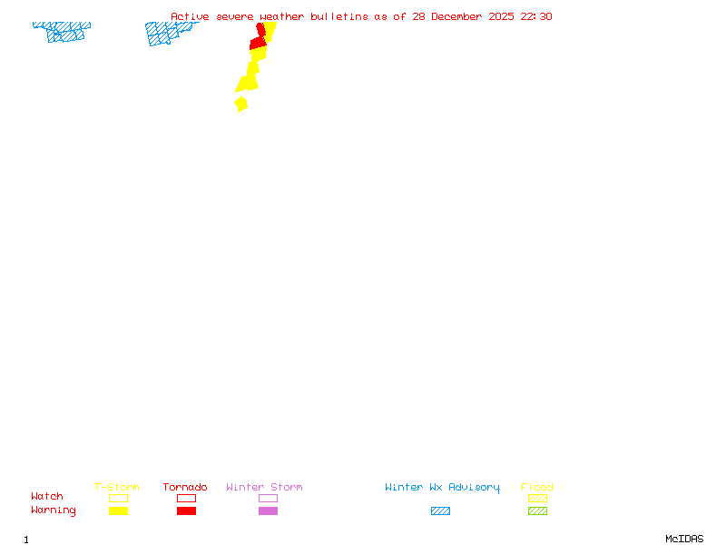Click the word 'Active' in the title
(x=191, y=16)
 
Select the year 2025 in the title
(x=501, y=16)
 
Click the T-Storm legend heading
(x=117, y=488)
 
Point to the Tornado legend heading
(x=185, y=488)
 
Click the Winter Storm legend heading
(x=264, y=488)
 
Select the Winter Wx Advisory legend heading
(x=442, y=488)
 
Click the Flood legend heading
(x=537, y=488)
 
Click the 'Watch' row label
(x=47, y=497)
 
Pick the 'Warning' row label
(x=54, y=510)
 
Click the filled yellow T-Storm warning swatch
(x=118, y=510)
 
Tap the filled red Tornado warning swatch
(x=186, y=510)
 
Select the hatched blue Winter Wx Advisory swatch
(x=440, y=510)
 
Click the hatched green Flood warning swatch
(x=537, y=510)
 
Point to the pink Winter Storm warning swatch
(x=268, y=510)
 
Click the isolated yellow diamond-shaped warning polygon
(x=240, y=104)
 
